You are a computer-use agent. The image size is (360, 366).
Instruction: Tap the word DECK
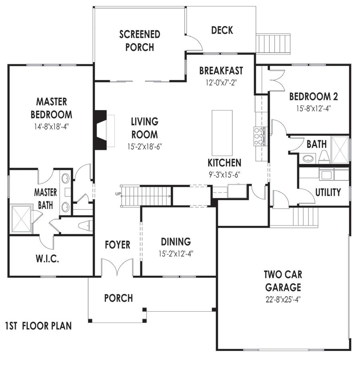(x=222, y=30)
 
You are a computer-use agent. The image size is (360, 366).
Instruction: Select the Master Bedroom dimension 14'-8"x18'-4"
(x=51, y=128)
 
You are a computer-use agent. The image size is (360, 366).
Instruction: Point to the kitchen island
(x=222, y=133)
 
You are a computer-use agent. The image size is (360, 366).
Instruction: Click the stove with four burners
(x=259, y=135)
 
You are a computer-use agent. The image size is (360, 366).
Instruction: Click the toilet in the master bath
(x=85, y=226)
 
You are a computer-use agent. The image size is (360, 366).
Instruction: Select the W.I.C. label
(x=47, y=259)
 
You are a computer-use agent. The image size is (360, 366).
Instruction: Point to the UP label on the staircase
(x=118, y=194)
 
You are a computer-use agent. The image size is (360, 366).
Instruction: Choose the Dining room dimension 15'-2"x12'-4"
(x=176, y=253)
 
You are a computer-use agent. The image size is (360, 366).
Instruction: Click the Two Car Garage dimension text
(x=283, y=299)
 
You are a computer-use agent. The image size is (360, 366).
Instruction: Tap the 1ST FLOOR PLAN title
(x=39, y=326)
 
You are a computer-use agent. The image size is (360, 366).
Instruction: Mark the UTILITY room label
(x=328, y=192)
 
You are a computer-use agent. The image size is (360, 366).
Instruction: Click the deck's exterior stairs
(x=274, y=43)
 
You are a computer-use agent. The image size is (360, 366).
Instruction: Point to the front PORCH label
(x=119, y=298)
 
